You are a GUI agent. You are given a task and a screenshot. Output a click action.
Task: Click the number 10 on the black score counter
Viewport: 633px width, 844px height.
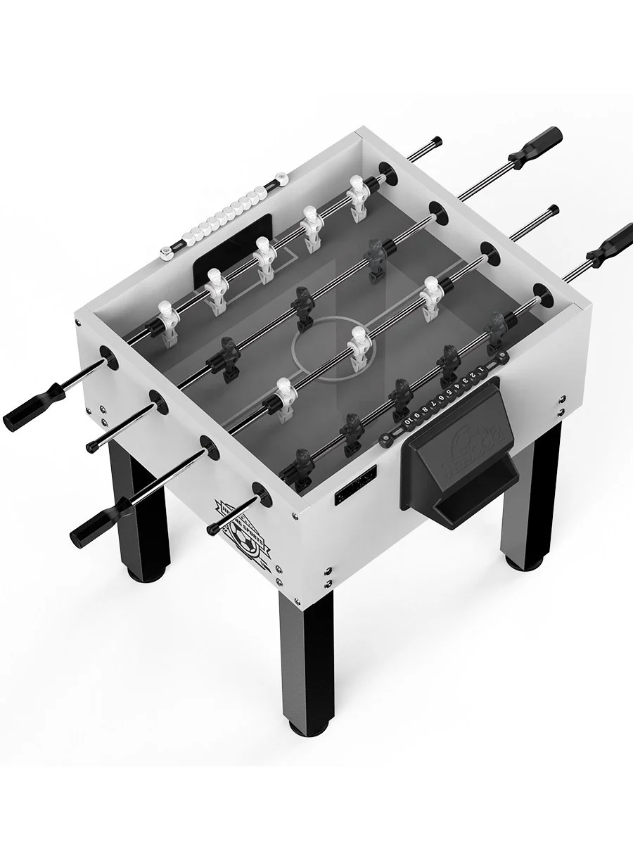[x=409, y=421]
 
